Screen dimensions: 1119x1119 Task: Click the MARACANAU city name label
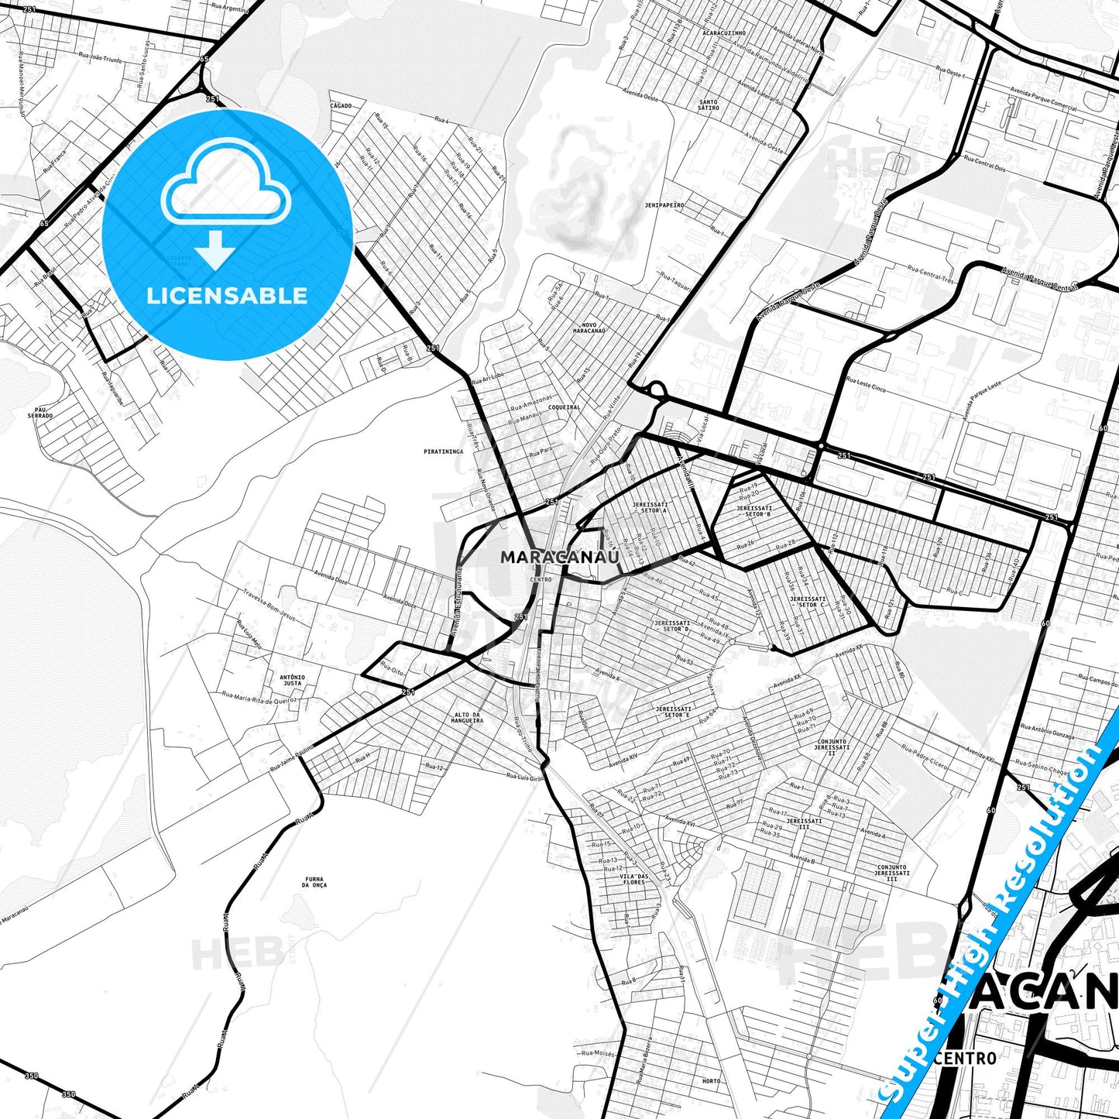pyautogui.click(x=560, y=557)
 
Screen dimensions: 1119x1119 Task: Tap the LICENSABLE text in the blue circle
pyautogui.click(x=227, y=295)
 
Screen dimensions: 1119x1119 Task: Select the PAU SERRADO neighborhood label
pyautogui.click(x=40, y=413)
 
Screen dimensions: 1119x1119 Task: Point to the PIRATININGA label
pyautogui.click(x=444, y=451)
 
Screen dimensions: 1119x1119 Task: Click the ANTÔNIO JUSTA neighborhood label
pyautogui.click(x=292, y=680)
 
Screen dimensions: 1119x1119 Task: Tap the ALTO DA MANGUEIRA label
pyautogui.click(x=467, y=717)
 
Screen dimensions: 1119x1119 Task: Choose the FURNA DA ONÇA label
pyautogui.click(x=314, y=882)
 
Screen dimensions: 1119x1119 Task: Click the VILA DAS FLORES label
pyautogui.click(x=633, y=879)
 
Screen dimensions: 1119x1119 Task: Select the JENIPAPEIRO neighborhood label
pyautogui.click(x=664, y=205)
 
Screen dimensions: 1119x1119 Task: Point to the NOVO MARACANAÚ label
pyautogui.click(x=589, y=327)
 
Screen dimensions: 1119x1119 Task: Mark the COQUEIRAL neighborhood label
pyautogui.click(x=564, y=407)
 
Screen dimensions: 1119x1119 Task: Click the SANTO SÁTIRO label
pyautogui.click(x=709, y=105)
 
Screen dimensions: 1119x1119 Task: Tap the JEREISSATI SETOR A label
pyautogui.click(x=650, y=507)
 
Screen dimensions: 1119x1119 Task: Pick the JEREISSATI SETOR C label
pyautogui.click(x=808, y=602)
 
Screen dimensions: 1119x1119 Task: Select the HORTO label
pyautogui.click(x=710, y=1081)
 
